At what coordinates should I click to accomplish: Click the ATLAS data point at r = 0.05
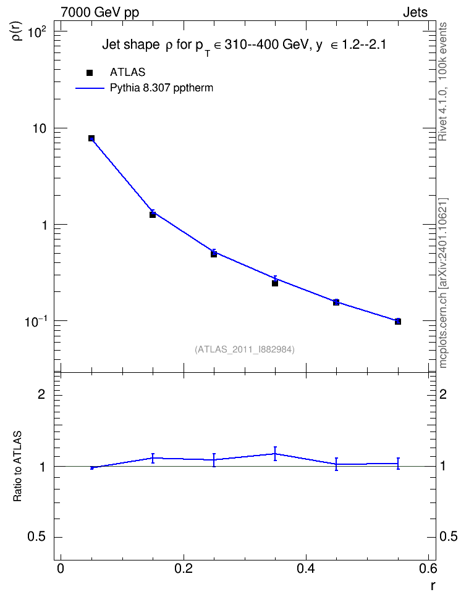point(91,138)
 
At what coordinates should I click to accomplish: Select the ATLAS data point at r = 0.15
point(153,215)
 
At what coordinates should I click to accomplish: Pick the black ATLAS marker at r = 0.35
point(275,283)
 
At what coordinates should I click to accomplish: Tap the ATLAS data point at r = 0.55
point(398,322)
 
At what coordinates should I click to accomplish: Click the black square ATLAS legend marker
point(90,73)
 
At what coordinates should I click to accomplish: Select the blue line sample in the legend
point(90,88)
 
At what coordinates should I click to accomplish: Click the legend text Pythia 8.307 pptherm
point(161,88)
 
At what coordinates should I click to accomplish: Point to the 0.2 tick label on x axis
point(183,569)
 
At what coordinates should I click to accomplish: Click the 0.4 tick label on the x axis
point(306,569)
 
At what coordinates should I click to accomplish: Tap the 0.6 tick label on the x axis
point(428,569)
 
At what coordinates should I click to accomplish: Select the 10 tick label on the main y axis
point(39,128)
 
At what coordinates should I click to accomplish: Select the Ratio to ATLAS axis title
point(17,467)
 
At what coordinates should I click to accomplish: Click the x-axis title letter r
point(432,586)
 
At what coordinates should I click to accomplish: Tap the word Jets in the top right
point(415,12)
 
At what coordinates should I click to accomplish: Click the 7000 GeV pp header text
point(99,12)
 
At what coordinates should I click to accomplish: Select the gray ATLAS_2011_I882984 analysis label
point(245,349)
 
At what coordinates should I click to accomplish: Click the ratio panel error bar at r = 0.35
point(275,454)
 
